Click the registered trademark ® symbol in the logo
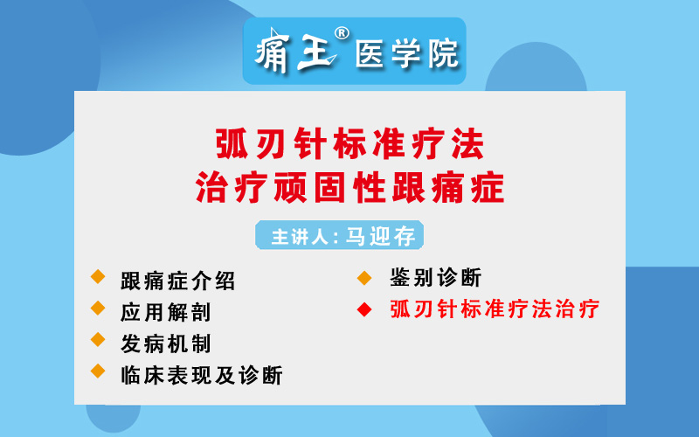pos(342,33)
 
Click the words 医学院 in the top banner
pos(406,53)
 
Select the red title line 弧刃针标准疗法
pos(350,143)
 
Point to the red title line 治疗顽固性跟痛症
pos(350,187)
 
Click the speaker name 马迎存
pos(380,235)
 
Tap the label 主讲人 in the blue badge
pos(300,236)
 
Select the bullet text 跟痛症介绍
pos(177,281)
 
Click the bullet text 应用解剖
pos(165,312)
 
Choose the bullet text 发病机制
pos(165,343)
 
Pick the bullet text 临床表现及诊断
pos(202,375)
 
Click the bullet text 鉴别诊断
pos(435,278)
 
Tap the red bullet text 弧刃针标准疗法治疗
pos(495,309)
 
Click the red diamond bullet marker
pos(364,309)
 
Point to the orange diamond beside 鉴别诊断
pos(364,278)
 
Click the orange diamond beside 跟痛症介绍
pos(98,276)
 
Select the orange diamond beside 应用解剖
pos(98,309)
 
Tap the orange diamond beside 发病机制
pos(98,340)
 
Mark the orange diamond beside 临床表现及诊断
pos(98,371)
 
